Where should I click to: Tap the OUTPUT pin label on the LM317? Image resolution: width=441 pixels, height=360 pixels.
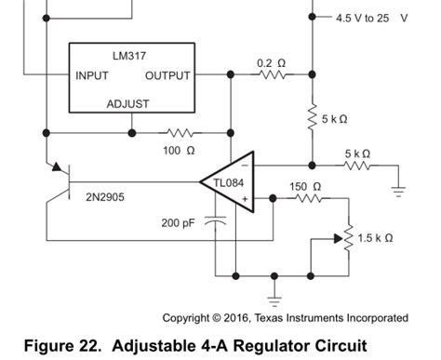pyautogui.click(x=168, y=75)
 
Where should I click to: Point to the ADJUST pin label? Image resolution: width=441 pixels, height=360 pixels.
pyautogui.click(x=127, y=103)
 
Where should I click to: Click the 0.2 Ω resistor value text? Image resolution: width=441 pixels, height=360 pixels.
pyautogui.click(x=271, y=62)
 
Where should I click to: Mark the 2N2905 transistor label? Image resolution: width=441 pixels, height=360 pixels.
pyautogui.click(x=106, y=198)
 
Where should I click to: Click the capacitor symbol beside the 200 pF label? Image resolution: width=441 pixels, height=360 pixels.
pyautogui.click(x=216, y=221)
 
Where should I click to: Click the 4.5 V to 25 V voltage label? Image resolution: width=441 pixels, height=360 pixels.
pyautogui.click(x=372, y=18)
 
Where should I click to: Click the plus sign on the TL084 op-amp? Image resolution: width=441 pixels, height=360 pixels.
pyautogui.click(x=245, y=198)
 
